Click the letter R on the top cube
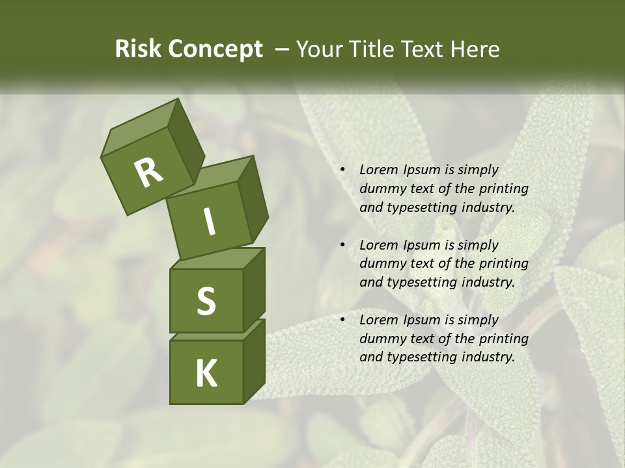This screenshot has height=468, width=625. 148,174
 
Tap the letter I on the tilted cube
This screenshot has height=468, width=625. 209,222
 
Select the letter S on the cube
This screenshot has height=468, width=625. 206,301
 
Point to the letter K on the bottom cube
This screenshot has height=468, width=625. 206,374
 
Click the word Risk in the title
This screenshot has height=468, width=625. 137,49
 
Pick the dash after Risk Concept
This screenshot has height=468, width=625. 283,49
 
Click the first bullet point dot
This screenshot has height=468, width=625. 342,170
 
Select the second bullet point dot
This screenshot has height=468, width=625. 342,246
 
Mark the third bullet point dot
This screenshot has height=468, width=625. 342,320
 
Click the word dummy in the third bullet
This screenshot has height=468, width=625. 382,339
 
